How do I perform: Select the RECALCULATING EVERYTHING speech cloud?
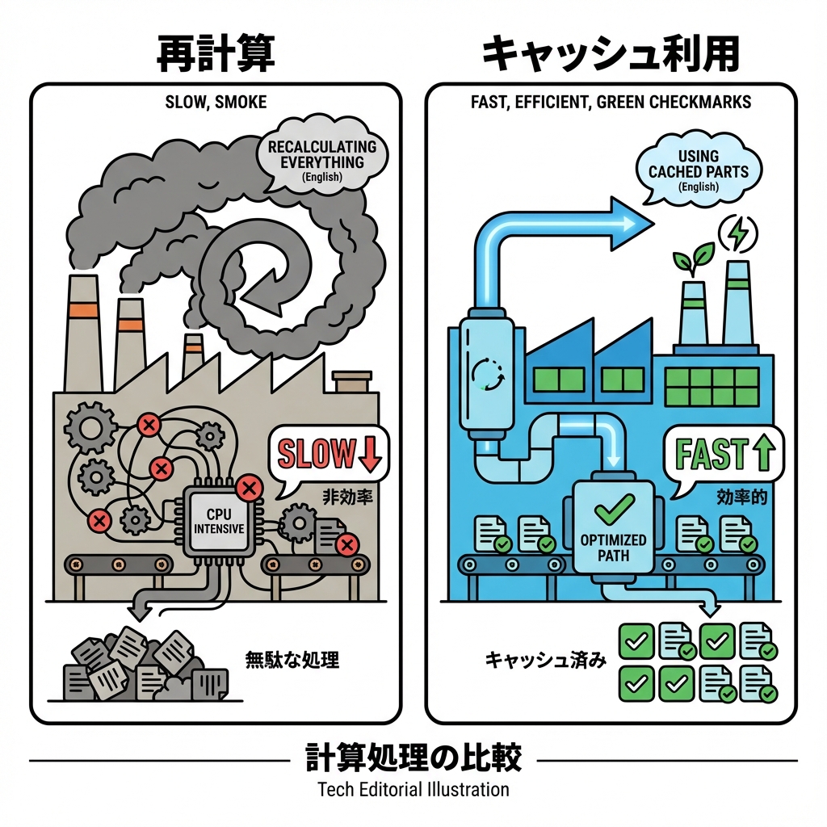pyautogui.click(x=322, y=162)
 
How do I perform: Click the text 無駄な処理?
pyautogui.click(x=292, y=660)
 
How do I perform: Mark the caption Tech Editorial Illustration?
pyautogui.click(x=413, y=789)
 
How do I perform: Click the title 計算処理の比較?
pyautogui.click(x=413, y=759)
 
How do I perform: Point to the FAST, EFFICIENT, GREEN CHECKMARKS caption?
pyautogui.click(x=611, y=103)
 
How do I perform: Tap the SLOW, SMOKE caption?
pyautogui.click(x=215, y=103)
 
